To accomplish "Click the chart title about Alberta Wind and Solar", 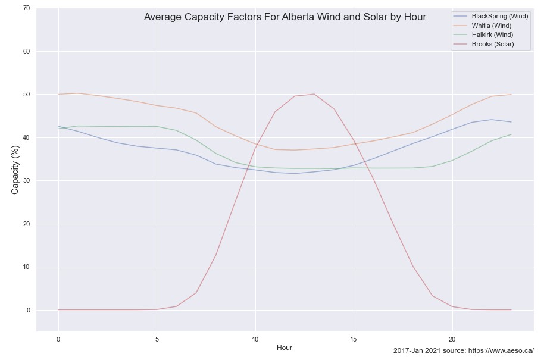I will point(285,17).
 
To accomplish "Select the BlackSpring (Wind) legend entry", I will point(499,16).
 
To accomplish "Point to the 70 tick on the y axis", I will point(26,8).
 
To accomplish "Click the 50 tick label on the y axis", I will point(26,95).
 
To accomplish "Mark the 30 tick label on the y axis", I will point(26,181).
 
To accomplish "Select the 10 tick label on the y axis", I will point(26,267).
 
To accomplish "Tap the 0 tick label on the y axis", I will point(28,310).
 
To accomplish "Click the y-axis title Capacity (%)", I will point(15,170).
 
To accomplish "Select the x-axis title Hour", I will point(285,347).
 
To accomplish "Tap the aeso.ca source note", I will point(463,351).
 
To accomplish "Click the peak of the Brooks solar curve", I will point(314,94).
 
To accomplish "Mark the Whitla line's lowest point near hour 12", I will point(295,150).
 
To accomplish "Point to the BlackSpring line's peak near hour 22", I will point(492,120).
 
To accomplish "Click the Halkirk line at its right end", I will point(511,134).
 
